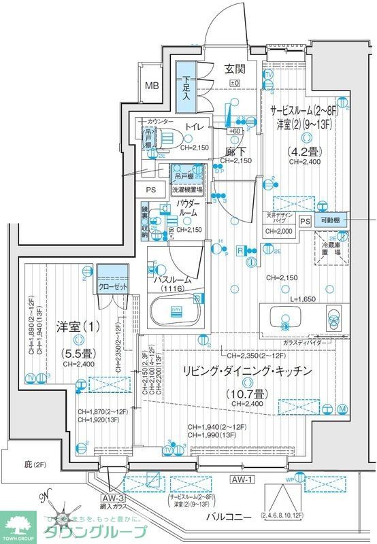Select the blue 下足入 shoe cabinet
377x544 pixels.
pos(185,86)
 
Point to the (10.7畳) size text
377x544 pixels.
pos(246,393)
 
